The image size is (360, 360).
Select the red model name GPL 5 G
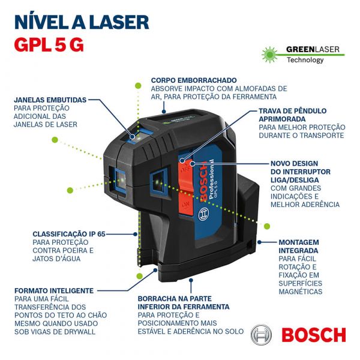point(49,45)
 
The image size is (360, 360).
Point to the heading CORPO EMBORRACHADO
point(193,80)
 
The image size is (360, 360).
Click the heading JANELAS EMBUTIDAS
point(50,100)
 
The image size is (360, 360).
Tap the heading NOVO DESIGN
point(294,163)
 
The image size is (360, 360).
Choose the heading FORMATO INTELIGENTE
point(54,290)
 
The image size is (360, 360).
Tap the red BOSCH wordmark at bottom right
point(313,335)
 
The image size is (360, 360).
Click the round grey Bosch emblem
point(262,335)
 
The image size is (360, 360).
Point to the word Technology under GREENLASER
point(305,60)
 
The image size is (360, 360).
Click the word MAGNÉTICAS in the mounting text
point(300,292)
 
